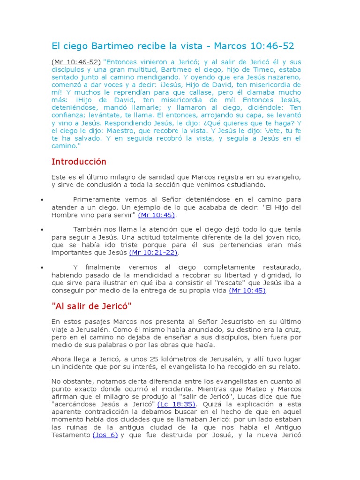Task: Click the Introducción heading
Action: click(79, 162)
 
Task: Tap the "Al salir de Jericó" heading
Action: click(91, 307)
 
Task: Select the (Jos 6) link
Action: click(105, 435)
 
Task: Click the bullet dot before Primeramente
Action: click(42, 200)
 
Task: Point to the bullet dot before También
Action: click(42, 230)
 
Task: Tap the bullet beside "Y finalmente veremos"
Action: click(42, 267)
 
